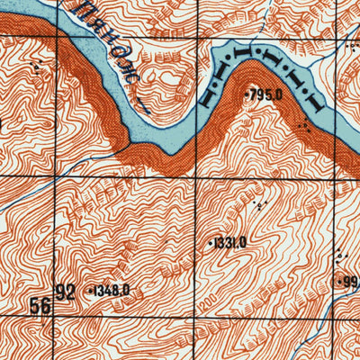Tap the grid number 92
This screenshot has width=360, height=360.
tap(66, 292)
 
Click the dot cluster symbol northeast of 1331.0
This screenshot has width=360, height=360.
tap(261, 206)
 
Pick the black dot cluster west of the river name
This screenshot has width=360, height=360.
tap(36, 67)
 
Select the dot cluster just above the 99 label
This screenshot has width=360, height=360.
tap(339, 258)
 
